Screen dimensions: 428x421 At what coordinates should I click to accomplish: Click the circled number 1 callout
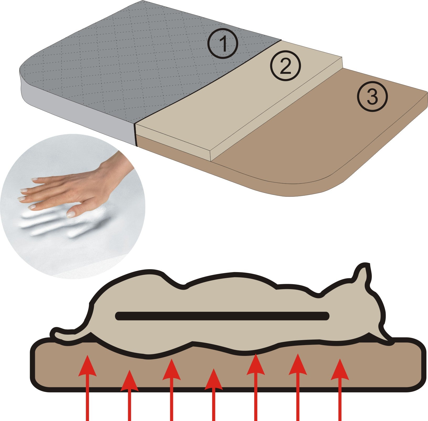(223, 43)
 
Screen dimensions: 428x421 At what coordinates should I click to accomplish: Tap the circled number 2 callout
(285, 65)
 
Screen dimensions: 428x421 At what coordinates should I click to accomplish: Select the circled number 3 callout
(372, 96)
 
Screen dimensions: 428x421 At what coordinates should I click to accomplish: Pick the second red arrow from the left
(129, 395)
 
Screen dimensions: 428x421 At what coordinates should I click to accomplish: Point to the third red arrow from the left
(171, 390)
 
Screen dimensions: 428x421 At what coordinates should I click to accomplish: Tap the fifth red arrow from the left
(256, 387)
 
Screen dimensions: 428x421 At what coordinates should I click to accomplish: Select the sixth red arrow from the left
(298, 387)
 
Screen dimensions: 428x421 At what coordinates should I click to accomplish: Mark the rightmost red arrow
(340, 390)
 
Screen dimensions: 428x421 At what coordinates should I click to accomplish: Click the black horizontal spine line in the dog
(222, 316)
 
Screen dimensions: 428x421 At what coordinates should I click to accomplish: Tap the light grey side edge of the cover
(79, 116)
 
